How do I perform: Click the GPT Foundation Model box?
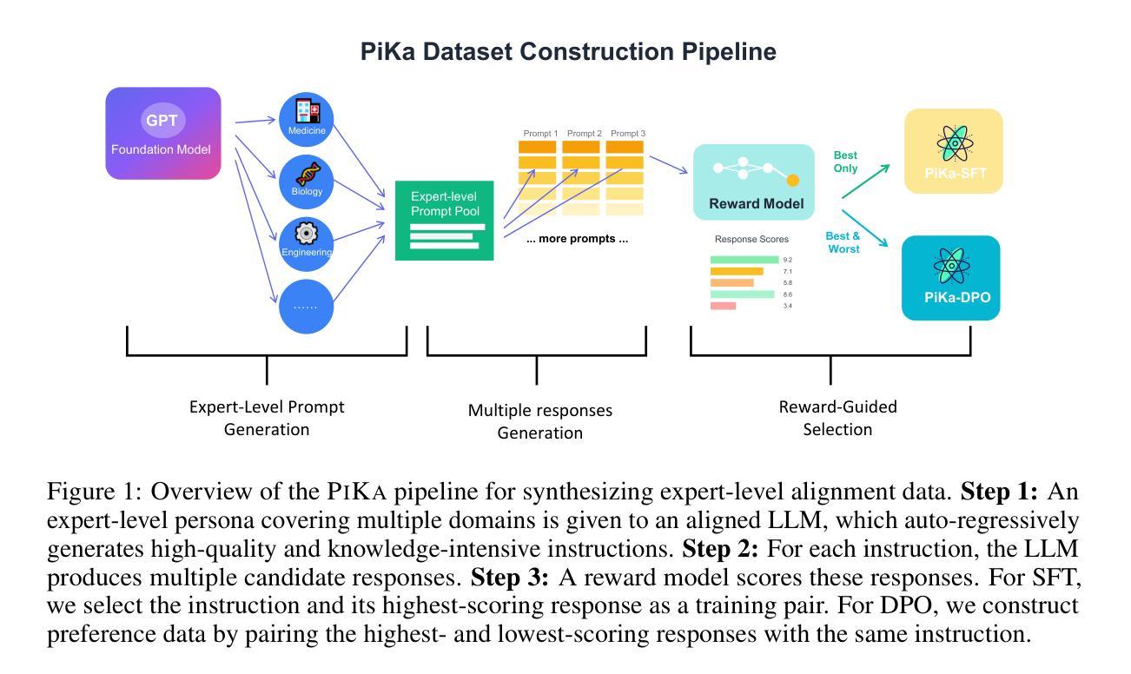coord(162,133)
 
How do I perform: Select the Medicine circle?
coord(307,118)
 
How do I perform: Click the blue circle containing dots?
coord(307,305)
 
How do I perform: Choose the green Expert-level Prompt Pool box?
coord(444,221)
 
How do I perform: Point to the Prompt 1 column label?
coord(540,134)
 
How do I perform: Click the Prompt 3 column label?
coord(628,134)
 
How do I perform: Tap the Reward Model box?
coord(753,182)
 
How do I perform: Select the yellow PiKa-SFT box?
coord(953,151)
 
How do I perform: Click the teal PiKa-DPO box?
coord(950,278)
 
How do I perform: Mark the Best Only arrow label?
coord(845,162)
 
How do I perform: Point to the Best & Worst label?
coord(843,242)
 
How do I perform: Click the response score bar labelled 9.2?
coord(744,260)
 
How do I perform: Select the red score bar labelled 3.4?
coord(723,306)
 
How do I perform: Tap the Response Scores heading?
coord(751,239)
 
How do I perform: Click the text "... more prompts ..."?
coord(577,239)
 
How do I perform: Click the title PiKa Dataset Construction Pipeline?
coord(568,52)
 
